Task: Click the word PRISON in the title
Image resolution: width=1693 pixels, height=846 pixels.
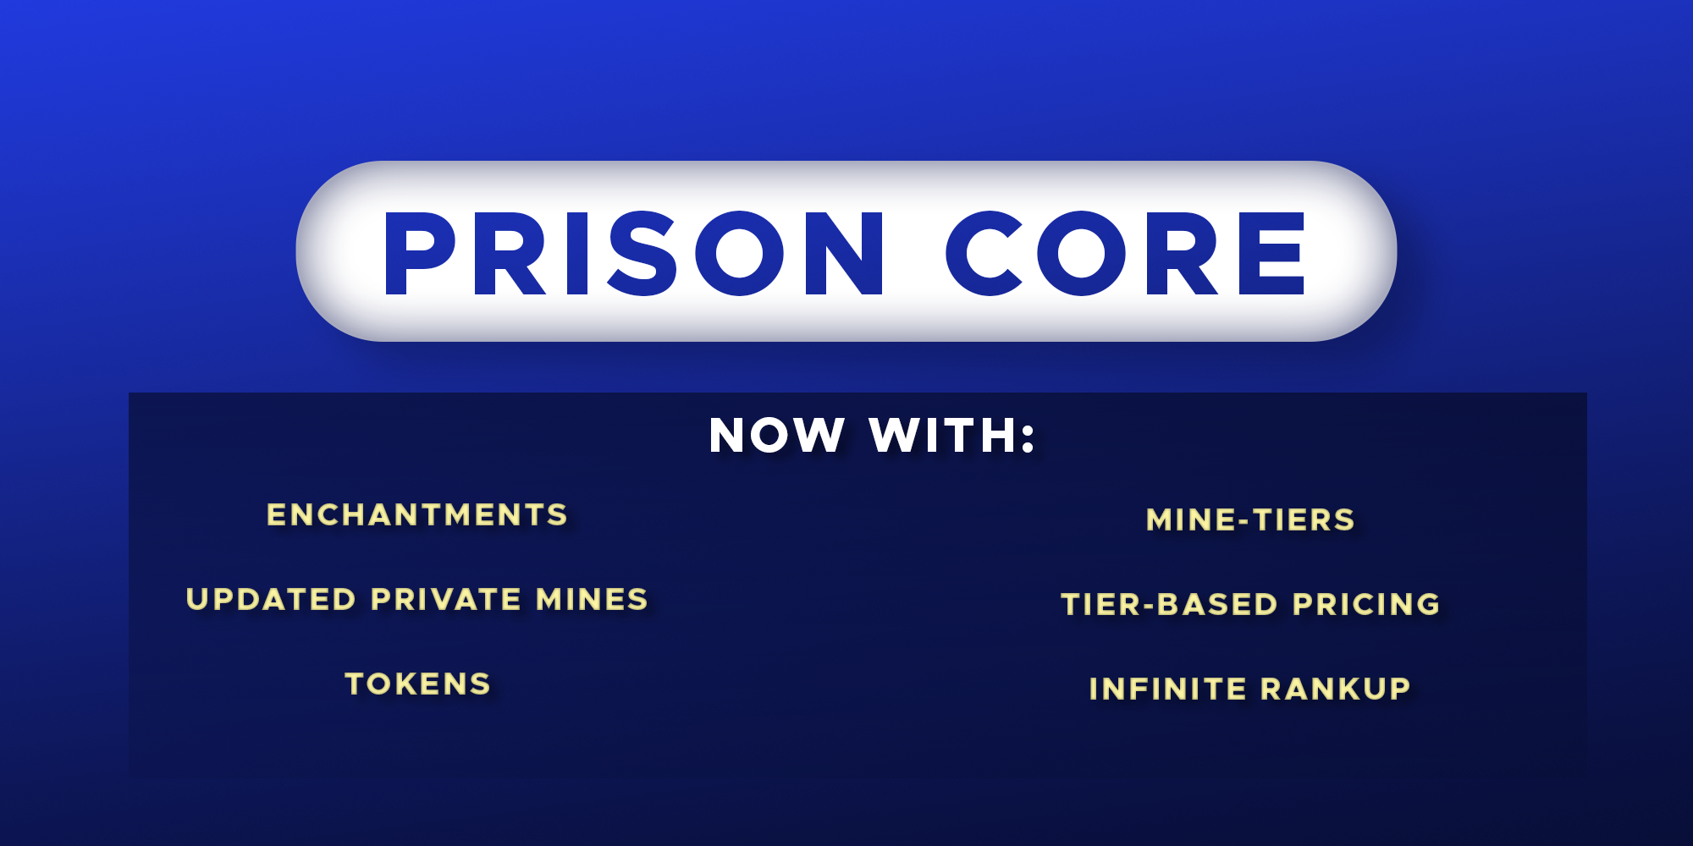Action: click(633, 254)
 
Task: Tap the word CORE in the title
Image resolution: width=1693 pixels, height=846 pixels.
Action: click(1126, 254)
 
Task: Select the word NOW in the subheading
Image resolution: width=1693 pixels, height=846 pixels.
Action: click(776, 436)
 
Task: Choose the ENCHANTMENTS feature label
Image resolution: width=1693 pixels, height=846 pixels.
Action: click(417, 515)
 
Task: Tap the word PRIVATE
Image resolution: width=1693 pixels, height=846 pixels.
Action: click(446, 600)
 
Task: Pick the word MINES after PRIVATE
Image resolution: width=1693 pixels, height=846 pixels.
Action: click(593, 600)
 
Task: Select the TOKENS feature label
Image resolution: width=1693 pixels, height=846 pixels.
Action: click(417, 684)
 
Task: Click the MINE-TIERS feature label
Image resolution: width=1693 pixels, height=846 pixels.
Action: click(1250, 520)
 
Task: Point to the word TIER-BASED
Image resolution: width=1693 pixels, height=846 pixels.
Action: click(1170, 605)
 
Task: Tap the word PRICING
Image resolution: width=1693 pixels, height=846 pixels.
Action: click(1366, 605)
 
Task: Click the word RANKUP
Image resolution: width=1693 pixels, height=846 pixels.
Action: click(1336, 689)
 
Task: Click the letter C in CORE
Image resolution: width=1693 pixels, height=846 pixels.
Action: click(985, 254)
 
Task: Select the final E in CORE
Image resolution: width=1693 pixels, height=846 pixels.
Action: click(1271, 254)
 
